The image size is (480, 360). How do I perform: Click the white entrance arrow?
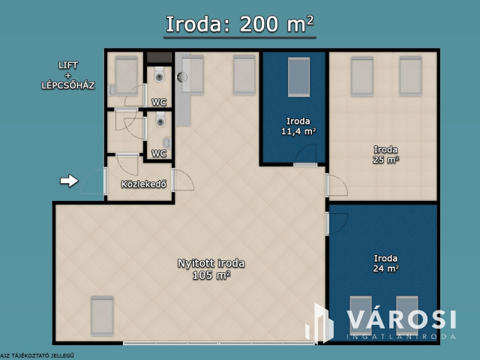pyautogui.click(x=68, y=181)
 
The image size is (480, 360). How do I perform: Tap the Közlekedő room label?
pyautogui.click(x=142, y=184)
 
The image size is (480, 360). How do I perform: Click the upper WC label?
pyautogui.click(x=159, y=102)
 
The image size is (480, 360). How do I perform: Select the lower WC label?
pyautogui.click(x=159, y=154)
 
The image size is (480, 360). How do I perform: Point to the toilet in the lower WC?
pyautogui.click(x=160, y=118)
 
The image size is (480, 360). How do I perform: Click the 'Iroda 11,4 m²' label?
pyautogui.click(x=298, y=126)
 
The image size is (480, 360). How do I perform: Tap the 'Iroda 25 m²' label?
pyautogui.click(x=385, y=154)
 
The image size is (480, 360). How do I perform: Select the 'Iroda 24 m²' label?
pyautogui.click(x=385, y=263)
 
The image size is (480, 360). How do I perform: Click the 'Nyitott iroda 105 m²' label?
pyautogui.click(x=211, y=268)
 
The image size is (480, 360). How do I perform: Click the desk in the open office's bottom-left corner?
pyautogui.click(x=101, y=315)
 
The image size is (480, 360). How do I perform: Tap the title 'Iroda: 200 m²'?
pyautogui.click(x=239, y=24)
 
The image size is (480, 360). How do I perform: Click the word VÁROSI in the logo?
pyautogui.click(x=401, y=317)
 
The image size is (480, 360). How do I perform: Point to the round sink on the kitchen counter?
pyautogui.click(x=181, y=76)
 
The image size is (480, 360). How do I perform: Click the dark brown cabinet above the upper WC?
pyautogui.click(x=159, y=57)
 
